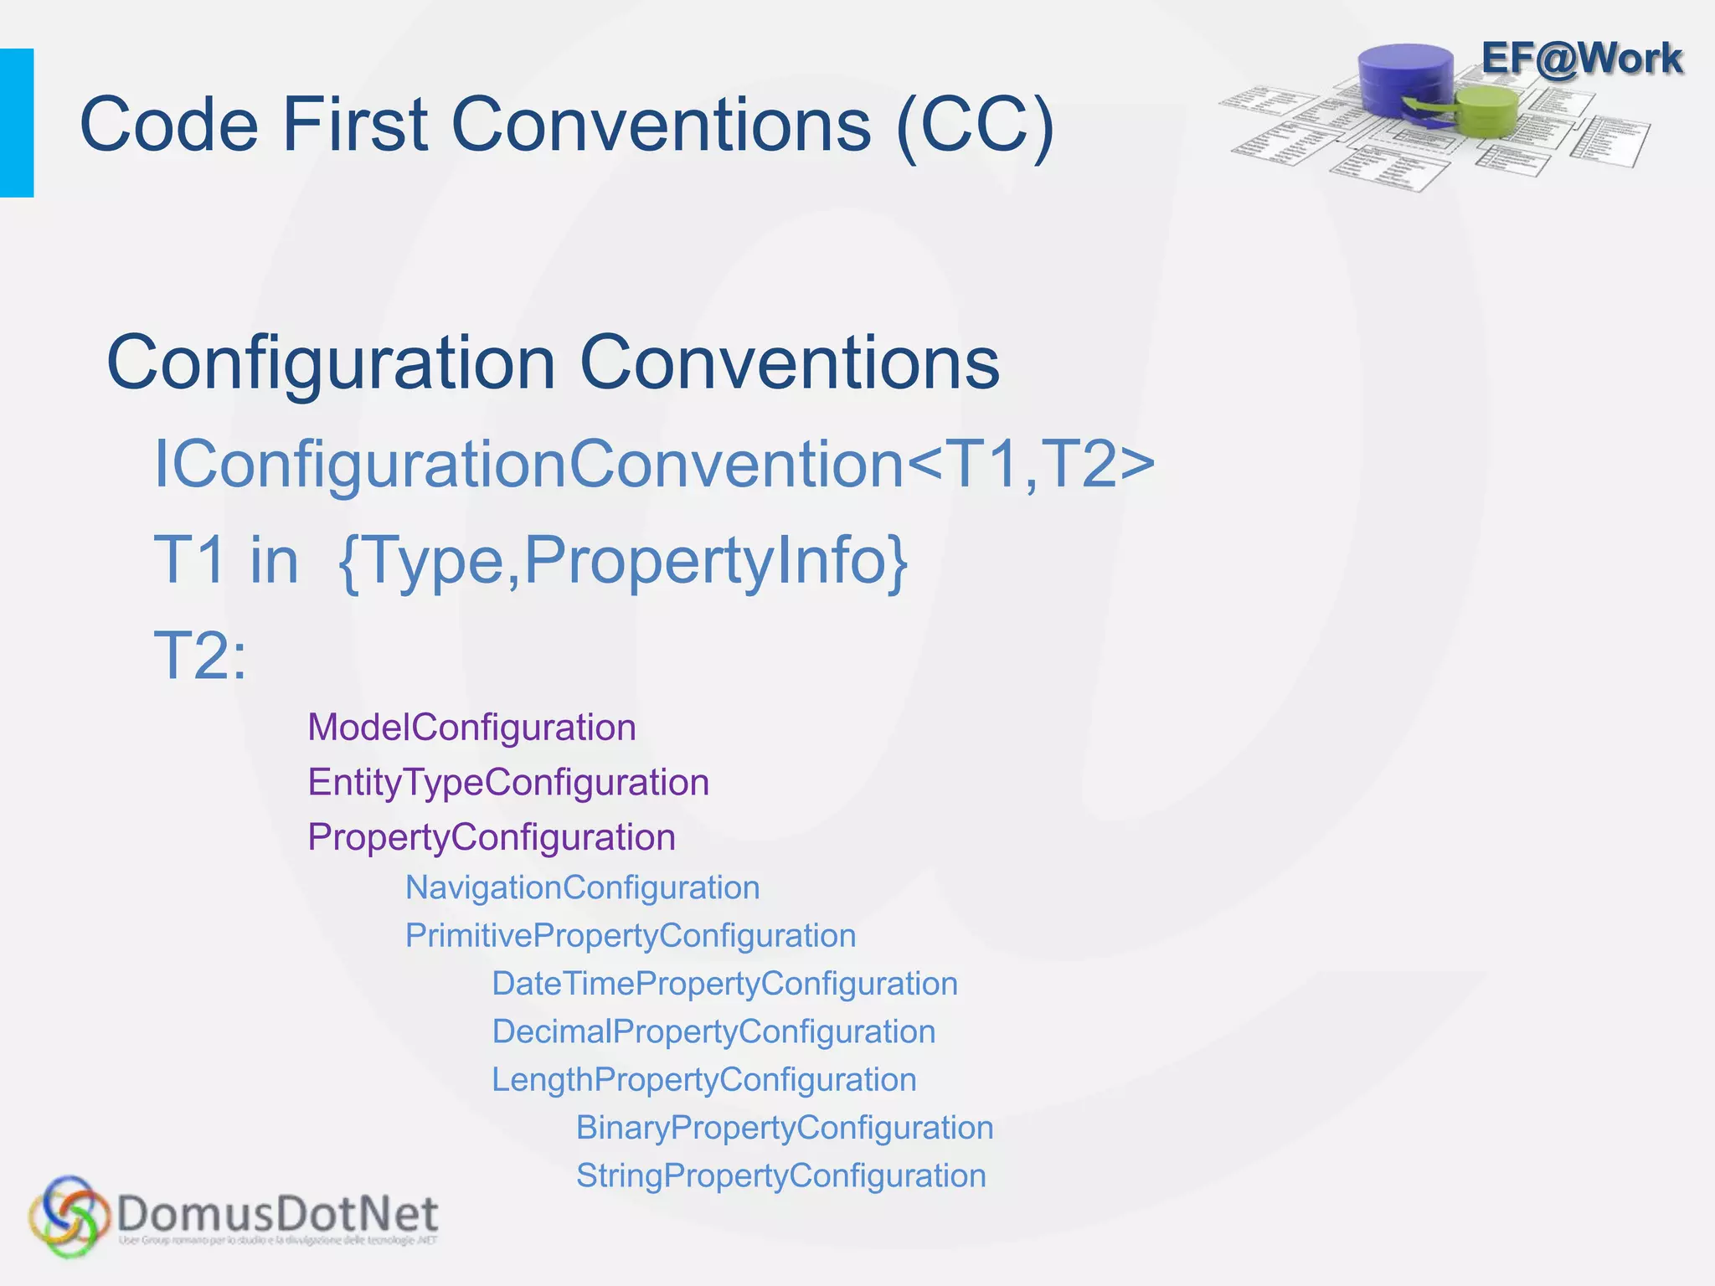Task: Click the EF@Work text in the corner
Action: (1581, 59)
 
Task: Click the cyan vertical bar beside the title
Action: (17, 123)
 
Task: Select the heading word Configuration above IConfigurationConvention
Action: (332, 363)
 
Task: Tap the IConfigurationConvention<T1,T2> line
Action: (654, 464)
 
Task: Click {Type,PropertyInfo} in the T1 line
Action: (623, 560)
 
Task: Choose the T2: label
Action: (200, 656)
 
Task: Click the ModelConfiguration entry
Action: (471, 727)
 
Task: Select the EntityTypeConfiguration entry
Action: (508, 782)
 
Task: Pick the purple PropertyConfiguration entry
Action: (492, 837)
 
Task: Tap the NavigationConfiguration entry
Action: (582, 887)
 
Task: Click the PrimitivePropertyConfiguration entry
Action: (631, 935)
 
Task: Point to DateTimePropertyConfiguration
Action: (724, 984)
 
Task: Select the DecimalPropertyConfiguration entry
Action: (713, 1031)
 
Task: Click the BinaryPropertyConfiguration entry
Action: (785, 1128)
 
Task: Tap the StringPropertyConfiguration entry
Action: (780, 1175)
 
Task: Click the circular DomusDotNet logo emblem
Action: (70, 1216)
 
